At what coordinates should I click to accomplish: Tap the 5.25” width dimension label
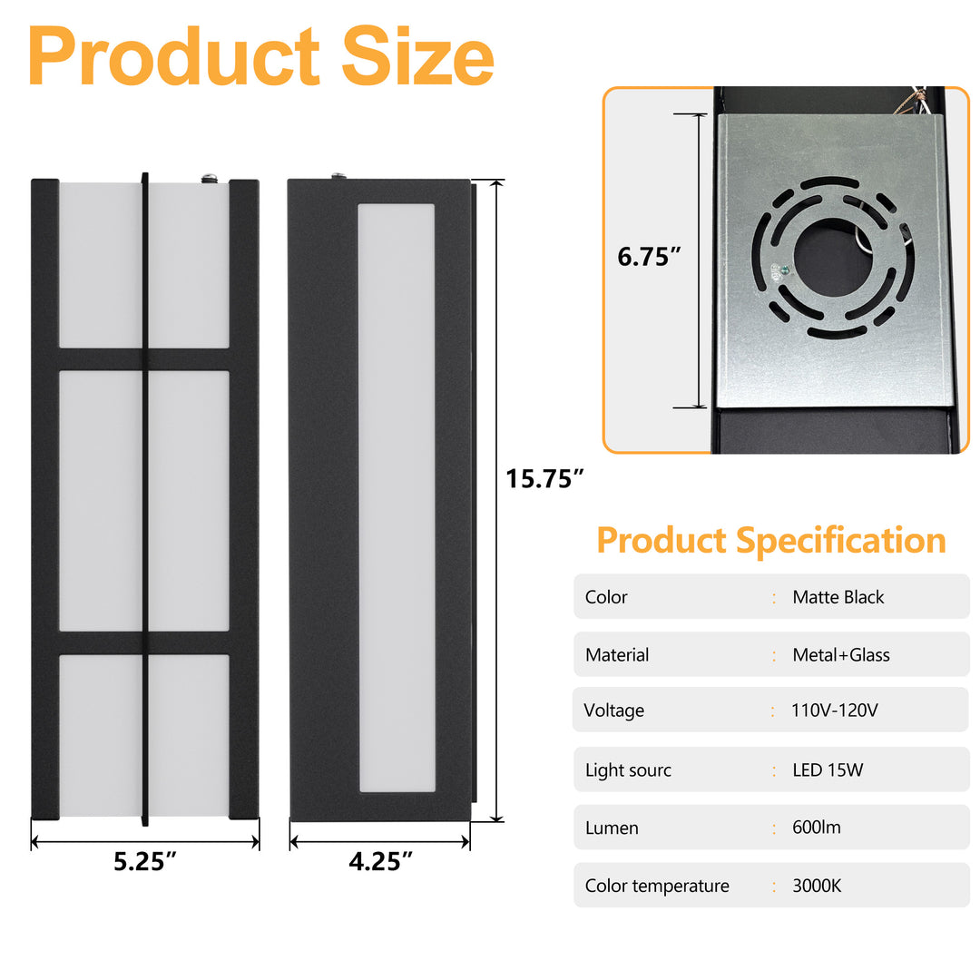point(145,860)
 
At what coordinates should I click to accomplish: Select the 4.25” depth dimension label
point(380,860)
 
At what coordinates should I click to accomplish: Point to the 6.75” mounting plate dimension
point(650,257)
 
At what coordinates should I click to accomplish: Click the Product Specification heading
point(771,540)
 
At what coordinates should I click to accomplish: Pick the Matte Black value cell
point(838,597)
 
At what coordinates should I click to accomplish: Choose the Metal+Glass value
point(840,654)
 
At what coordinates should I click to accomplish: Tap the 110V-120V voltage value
point(835,710)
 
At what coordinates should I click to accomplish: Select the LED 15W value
point(828,770)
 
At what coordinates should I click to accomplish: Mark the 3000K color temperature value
point(817,886)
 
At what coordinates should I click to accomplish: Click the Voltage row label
point(614,710)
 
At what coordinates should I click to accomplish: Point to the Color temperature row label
point(657,886)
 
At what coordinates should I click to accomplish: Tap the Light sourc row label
point(628,770)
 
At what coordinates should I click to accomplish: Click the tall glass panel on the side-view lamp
point(397,497)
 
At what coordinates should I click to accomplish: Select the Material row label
point(617,654)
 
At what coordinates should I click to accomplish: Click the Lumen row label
point(612,828)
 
